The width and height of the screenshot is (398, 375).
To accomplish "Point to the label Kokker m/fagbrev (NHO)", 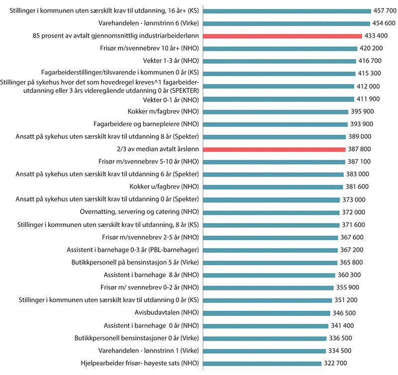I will coord(165,111).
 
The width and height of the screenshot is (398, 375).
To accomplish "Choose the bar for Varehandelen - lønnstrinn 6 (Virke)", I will coord(287,23).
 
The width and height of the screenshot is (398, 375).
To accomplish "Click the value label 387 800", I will coord(361,149).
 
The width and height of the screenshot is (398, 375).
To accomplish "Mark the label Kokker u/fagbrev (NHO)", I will coord(166,187).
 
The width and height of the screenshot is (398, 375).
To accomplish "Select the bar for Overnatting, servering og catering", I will coord(272,212).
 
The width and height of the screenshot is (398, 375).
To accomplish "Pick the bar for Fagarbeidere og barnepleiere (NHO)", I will coord(276,124).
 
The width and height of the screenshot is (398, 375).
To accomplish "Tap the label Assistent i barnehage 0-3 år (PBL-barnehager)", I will coord(133,250).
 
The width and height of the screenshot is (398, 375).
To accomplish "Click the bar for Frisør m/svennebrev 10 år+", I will coord(281,49).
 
